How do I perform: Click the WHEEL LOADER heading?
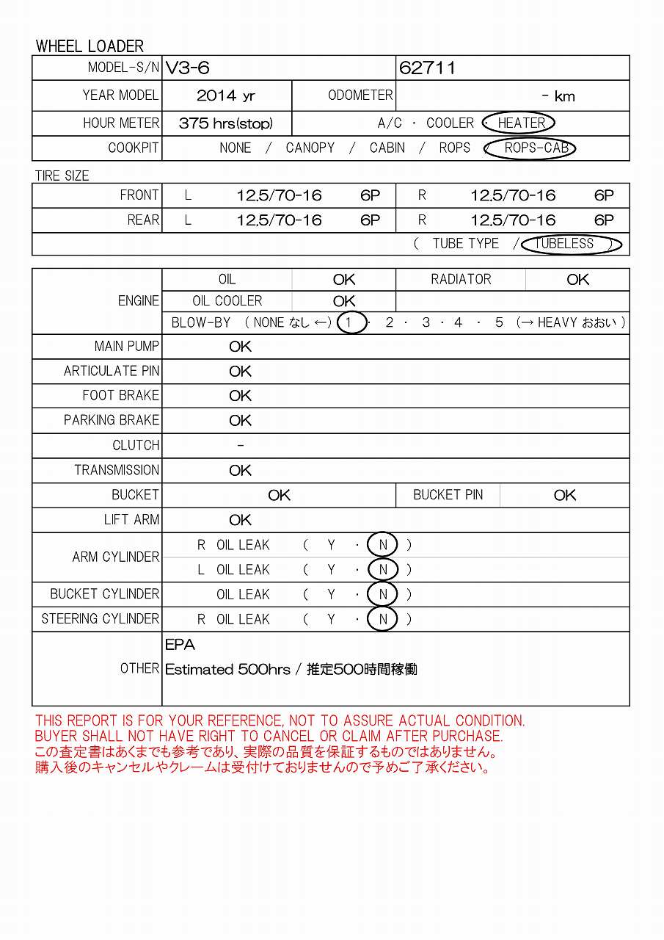pyautogui.click(x=90, y=46)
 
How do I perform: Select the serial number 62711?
pyautogui.click(x=427, y=68)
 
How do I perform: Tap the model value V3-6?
pyautogui.click(x=188, y=68)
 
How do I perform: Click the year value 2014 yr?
pyautogui.click(x=226, y=95)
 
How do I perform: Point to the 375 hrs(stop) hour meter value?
pyautogui.click(x=225, y=123)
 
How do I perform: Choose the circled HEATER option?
pyautogui.click(x=521, y=123)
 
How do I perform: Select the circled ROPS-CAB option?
pyautogui.click(x=536, y=148)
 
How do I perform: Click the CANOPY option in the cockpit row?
pyautogui.click(x=310, y=148)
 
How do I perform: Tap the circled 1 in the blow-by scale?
pyautogui.click(x=351, y=322)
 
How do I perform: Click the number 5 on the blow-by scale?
pyautogui.click(x=499, y=322)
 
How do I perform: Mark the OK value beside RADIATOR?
pyautogui.click(x=577, y=280)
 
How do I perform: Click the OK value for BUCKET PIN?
pyautogui.click(x=565, y=496)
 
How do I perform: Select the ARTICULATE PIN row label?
pyautogui.click(x=111, y=372)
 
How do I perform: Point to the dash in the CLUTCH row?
pyautogui.click(x=241, y=446)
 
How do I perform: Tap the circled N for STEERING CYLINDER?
pyautogui.click(x=382, y=619)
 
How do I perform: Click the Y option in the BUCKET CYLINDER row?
pyautogui.click(x=331, y=595)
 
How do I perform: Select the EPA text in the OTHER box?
pyautogui.click(x=180, y=645)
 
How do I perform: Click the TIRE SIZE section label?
pyautogui.click(x=62, y=176)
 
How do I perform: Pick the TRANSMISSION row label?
pyautogui.click(x=117, y=471)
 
